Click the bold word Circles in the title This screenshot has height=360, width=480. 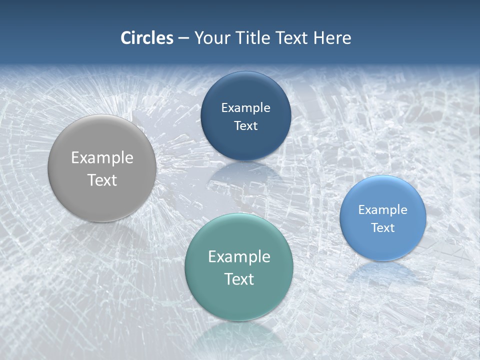click(x=147, y=38)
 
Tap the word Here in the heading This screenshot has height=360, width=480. click(x=332, y=38)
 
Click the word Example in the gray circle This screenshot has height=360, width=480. click(x=102, y=158)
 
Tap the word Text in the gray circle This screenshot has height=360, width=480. click(x=102, y=180)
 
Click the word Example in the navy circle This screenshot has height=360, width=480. click(x=245, y=108)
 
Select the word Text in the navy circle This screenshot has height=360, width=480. click(x=245, y=125)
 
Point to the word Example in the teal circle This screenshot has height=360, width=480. click(x=238, y=257)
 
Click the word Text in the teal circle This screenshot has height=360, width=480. click(x=238, y=279)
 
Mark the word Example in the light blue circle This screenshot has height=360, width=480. click(x=382, y=210)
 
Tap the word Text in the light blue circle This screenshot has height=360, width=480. click(x=382, y=228)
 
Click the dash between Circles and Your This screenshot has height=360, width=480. click(x=183, y=38)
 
